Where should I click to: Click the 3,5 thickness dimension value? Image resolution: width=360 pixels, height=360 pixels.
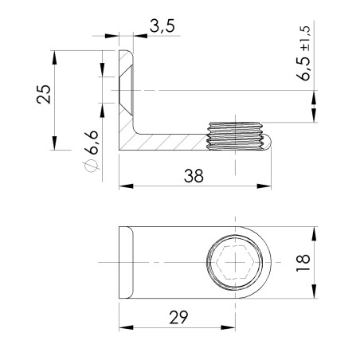pyautogui.click(x=161, y=27)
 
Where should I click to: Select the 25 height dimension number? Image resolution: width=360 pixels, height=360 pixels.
pyautogui.click(x=45, y=94)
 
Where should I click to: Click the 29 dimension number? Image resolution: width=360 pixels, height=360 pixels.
pyautogui.click(x=178, y=317)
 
